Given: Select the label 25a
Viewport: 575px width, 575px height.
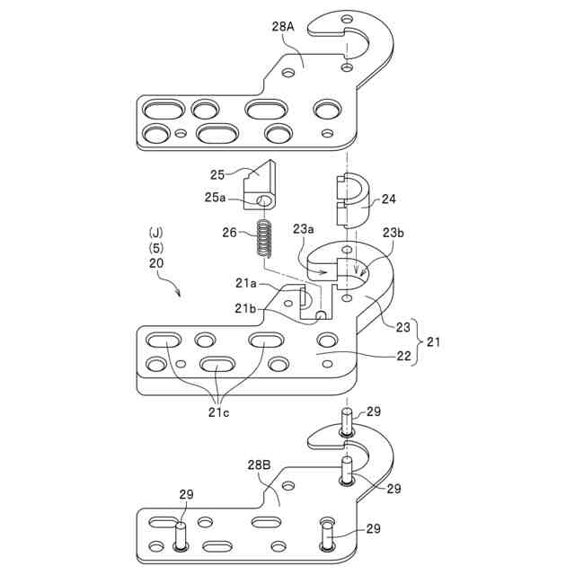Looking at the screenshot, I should [x=218, y=197].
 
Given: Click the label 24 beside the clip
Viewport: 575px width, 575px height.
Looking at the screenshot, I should [x=388, y=199].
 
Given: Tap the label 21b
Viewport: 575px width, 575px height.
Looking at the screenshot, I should [x=246, y=308].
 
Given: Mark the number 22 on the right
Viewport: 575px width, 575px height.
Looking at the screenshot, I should [x=405, y=356].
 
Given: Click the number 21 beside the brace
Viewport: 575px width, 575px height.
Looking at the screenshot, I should [x=433, y=343].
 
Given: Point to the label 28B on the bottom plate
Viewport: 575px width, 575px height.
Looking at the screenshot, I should [x=259, y=465].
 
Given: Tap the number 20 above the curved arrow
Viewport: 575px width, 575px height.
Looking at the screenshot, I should [x=156, y=264].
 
